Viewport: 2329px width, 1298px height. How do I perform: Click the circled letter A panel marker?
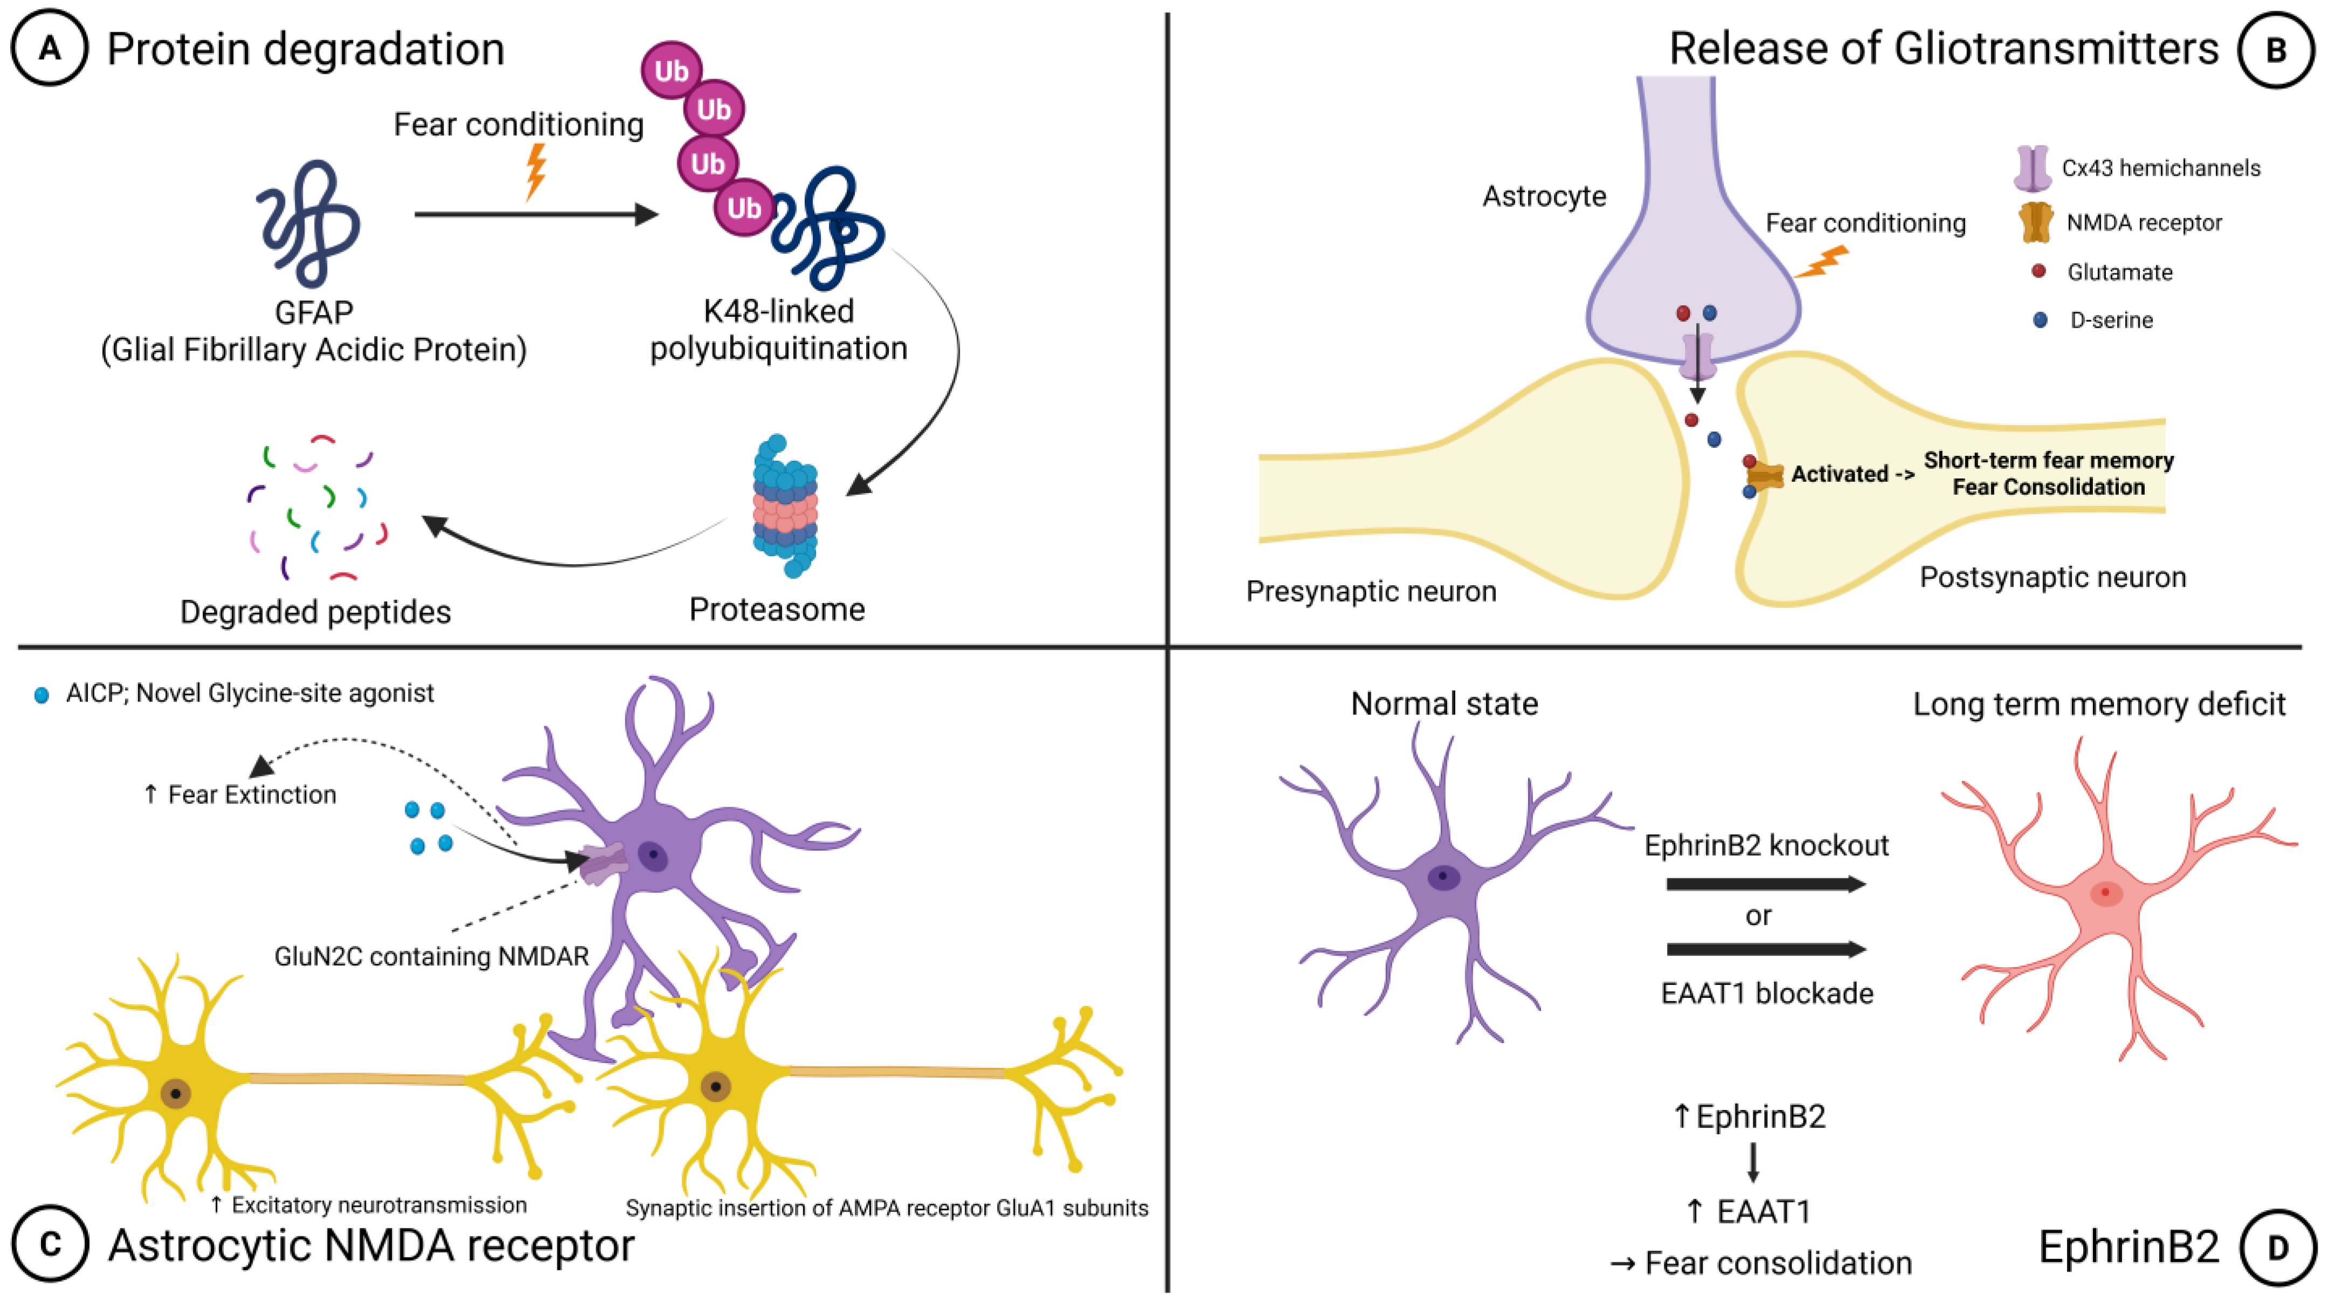coord(49,48)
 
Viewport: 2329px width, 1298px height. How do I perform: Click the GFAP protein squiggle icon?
coord(309,223)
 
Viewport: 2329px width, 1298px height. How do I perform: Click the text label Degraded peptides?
coord(315,612)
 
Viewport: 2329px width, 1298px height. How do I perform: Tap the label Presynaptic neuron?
coord(1371,591)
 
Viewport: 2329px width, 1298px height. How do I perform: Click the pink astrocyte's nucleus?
coord(2106,893)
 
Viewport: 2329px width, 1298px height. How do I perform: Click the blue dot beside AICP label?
coord(40,695)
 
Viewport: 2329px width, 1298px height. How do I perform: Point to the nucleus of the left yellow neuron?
coord(175,1094)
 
